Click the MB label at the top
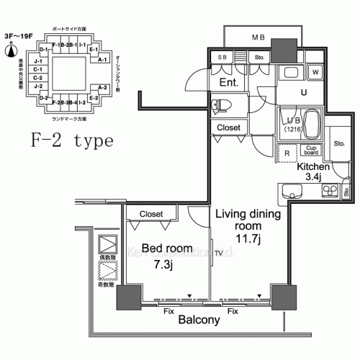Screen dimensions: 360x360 click(x=257, y=36)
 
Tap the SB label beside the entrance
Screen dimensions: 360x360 click(x=222, y=58)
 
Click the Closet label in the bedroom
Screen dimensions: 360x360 click(x=151, y=214)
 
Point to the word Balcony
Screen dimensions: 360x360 click(x=199, y=320)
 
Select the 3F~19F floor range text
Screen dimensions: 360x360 click(x=15, y=33)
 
